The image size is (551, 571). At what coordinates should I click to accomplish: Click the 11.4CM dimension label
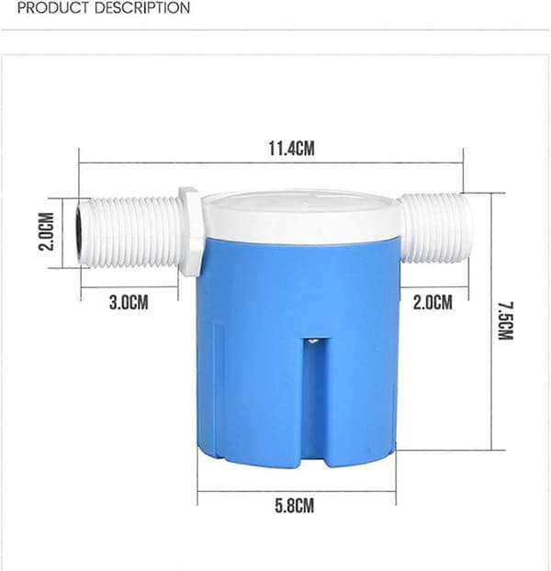[x=291, y=149]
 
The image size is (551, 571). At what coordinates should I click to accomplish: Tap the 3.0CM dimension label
[x=129, y=303]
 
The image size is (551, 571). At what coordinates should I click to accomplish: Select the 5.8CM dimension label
[x=294, y=506]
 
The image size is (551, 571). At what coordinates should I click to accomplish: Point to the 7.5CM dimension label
[x=505, y=320]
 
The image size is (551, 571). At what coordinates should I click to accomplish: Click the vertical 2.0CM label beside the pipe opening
[x=47, y=231]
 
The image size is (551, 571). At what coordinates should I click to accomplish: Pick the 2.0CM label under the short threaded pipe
[x=433, y=303]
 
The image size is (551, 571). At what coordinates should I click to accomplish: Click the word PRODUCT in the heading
[x=53, y=7]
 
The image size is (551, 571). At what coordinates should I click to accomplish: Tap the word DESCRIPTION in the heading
[x=142, y=7]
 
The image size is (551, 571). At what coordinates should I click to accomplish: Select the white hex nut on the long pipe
[x=189, y=232]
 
